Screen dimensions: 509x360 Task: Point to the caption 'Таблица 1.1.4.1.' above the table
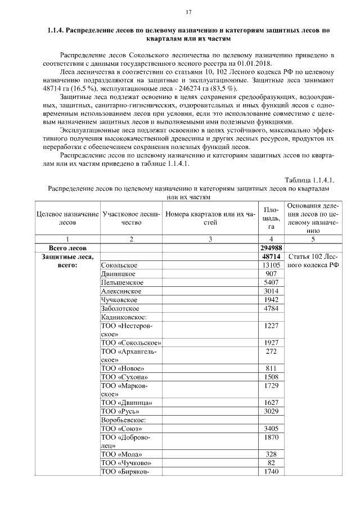point(309,180)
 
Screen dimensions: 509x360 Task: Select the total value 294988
point(271,247)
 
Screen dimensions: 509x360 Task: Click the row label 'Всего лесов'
point(67,247)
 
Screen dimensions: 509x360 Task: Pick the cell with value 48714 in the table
point(271,256)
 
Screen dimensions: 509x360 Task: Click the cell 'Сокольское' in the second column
point(119,265)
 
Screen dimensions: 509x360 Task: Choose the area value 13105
point(271,265)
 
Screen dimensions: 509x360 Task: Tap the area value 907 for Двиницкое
point(271,274)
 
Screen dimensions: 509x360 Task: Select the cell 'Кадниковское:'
point(124,317)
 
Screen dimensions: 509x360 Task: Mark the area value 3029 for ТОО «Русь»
point(271,411)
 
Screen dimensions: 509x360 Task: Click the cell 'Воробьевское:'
point(124,420)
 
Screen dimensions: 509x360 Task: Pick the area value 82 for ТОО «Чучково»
point(271,463)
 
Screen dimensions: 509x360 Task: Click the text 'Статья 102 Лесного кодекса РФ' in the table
point(313,261)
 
